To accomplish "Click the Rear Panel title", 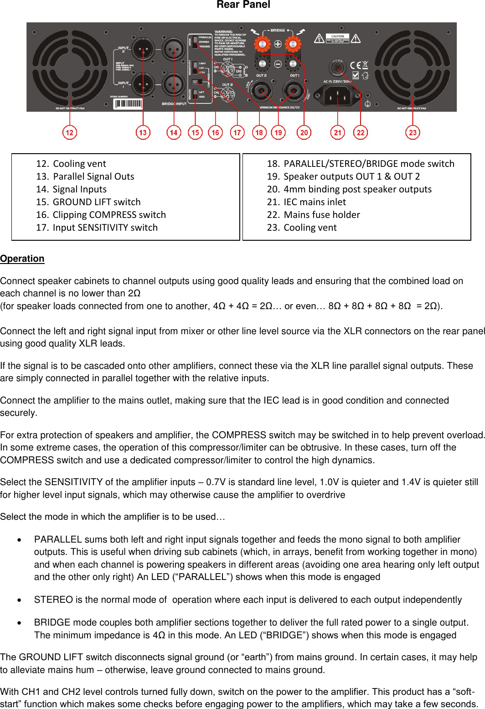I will pos(243,5).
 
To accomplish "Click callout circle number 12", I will pos(69,133).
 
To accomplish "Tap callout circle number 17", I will pos(237,133).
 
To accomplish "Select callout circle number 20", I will pos(304,133).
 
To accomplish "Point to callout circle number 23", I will pos(413,133).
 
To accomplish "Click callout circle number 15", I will pos(195,133).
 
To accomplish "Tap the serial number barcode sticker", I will pos(128,104).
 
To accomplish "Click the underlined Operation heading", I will pos(22,259).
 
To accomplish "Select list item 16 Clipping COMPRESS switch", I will pos(109,215).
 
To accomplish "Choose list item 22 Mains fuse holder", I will pos(321,215).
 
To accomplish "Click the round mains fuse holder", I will pos(337,68).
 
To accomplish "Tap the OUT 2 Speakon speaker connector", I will pos(262,91).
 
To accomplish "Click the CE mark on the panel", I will pos(356,65).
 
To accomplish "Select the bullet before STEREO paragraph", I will pos(19,600).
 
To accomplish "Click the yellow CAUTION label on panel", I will pos(337,38).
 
